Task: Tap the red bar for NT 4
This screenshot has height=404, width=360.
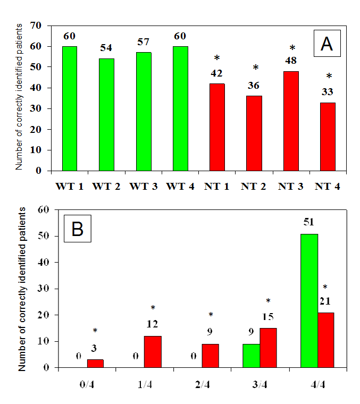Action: (328, 137)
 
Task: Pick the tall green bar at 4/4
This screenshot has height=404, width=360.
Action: (309, 301)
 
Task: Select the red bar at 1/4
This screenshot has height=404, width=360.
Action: (153, 351)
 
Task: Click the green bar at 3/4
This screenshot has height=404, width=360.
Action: (252, 355)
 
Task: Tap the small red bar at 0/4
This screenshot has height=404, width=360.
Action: (95, 363)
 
